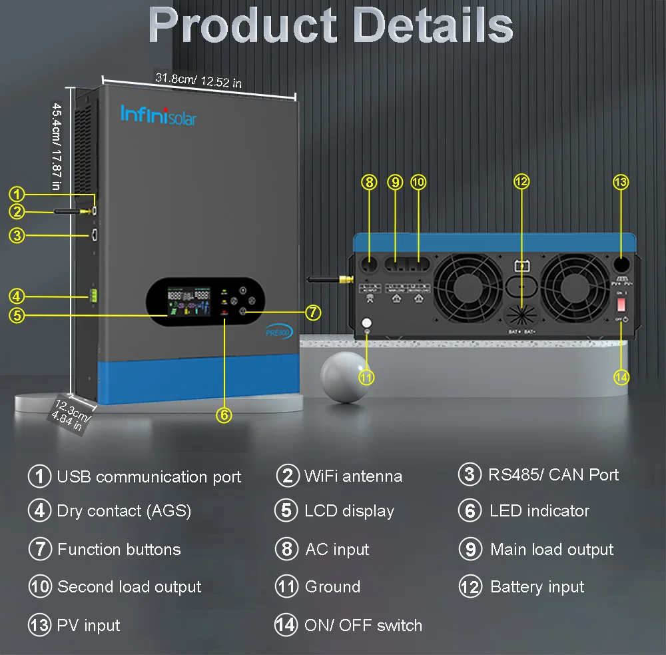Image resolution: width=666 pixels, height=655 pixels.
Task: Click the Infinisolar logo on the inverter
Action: [159, 115]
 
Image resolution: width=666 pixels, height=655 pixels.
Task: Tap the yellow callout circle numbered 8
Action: [370, 182]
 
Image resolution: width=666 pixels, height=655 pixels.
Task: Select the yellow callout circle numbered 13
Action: [621, 182]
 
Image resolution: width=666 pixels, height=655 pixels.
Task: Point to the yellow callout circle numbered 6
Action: [224, 414]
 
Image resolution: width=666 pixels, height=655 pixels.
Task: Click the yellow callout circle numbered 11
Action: [366, 376]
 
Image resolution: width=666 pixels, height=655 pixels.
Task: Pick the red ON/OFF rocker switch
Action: [621, 304]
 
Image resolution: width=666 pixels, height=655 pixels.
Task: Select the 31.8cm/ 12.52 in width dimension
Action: [198, 81]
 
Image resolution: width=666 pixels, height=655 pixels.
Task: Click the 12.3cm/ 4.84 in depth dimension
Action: [71, 414]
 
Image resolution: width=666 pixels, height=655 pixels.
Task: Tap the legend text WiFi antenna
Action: [353, 476]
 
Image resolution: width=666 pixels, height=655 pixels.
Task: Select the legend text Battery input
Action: [537, 587]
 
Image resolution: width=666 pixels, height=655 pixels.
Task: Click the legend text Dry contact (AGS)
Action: [124, 511]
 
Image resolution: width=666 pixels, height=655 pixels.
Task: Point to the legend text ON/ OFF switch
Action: [363, 626]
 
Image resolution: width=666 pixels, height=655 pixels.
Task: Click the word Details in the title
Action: [433, 27]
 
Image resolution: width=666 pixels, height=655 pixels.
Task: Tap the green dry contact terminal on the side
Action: [94, 294]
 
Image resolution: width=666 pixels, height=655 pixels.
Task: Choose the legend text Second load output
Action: [129, 587]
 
